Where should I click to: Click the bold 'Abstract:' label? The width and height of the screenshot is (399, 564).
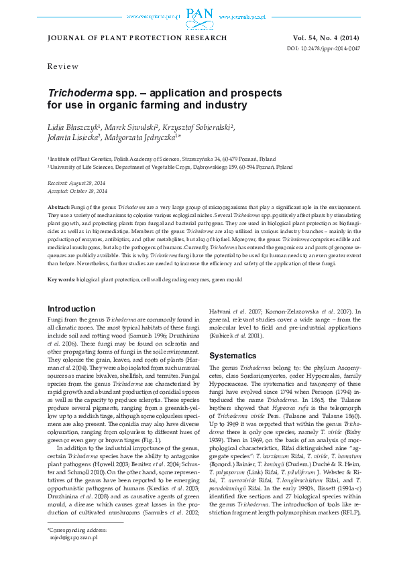(59, 208)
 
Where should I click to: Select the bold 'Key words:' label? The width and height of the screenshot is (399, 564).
(61, 278)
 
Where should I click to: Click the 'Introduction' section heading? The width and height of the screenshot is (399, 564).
(71, 309)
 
